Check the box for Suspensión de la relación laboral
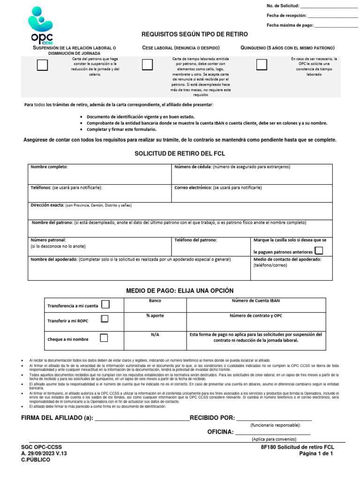tap(43, 65)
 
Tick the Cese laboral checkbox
tap(147, 65)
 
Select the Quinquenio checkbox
tap(262, 64)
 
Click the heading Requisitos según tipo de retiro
tap(195, 35)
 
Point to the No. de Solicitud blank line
tap(328, 7)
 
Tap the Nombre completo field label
tap(49, 167)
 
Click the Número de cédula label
tap(193, 167)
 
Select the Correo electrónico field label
tap(193, 187)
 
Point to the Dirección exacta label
tap(47, 205)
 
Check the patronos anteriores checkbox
tap(319, 251)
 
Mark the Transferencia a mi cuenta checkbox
tap(105, 305)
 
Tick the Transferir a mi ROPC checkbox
tap(105, 319)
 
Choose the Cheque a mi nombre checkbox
tap(104, 337)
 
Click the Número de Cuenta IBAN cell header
tap(255, 301)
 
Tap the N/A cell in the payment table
tap(155, 335)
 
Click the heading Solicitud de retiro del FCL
tap(180, 154)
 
